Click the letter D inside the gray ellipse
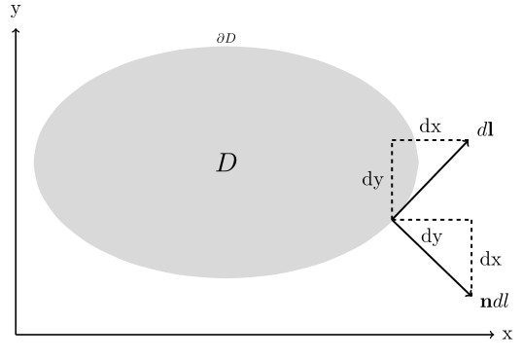pyautogui.click(x=226, y=162)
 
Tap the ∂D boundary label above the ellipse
pyautogui.click(x=226, y=39)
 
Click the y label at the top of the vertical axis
pyautogui.click(x=15, y=9)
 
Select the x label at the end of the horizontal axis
pyautogui.click(x=506, y=335)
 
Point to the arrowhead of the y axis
pyautogui.click(x=16, y=30)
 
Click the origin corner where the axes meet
pyautogui.click(x=16, y=335)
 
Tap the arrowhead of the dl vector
pyautogui.click(x=469, y=141)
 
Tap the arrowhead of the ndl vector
pyautogui.click(x=470, y=295)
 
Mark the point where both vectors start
pyautogui.click(x=392, y=219)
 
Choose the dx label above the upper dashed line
pyautogui.click(x=430, y=126)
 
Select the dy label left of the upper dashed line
pyautogui.click(x=372, y=180)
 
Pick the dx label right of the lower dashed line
pyautogui.click(x=491, y=260)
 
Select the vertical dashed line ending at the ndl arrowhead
pyautogui.click(x=471, y=255)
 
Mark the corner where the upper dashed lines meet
pyautogui.click(x=392, y=140)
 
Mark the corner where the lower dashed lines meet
pyautogui.click(x=471, y=219)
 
